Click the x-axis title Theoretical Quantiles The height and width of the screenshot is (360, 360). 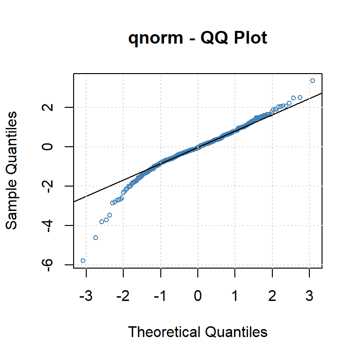point(197,332)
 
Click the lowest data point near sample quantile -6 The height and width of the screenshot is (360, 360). point(83,261)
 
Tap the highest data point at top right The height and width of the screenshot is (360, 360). point(313,81)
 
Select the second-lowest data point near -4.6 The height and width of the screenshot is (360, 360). point(96,238)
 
